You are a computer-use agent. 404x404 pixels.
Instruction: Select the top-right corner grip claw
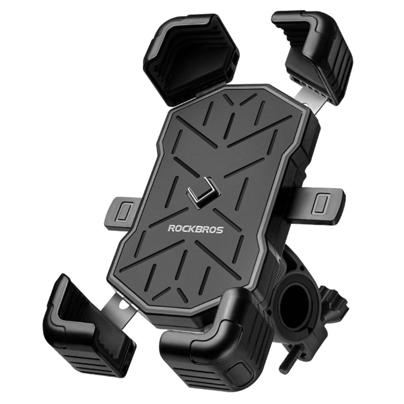[319, 53]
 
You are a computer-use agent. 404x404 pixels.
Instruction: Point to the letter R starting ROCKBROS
[170, 229]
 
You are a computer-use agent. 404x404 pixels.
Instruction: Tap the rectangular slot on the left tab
[126, 211]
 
